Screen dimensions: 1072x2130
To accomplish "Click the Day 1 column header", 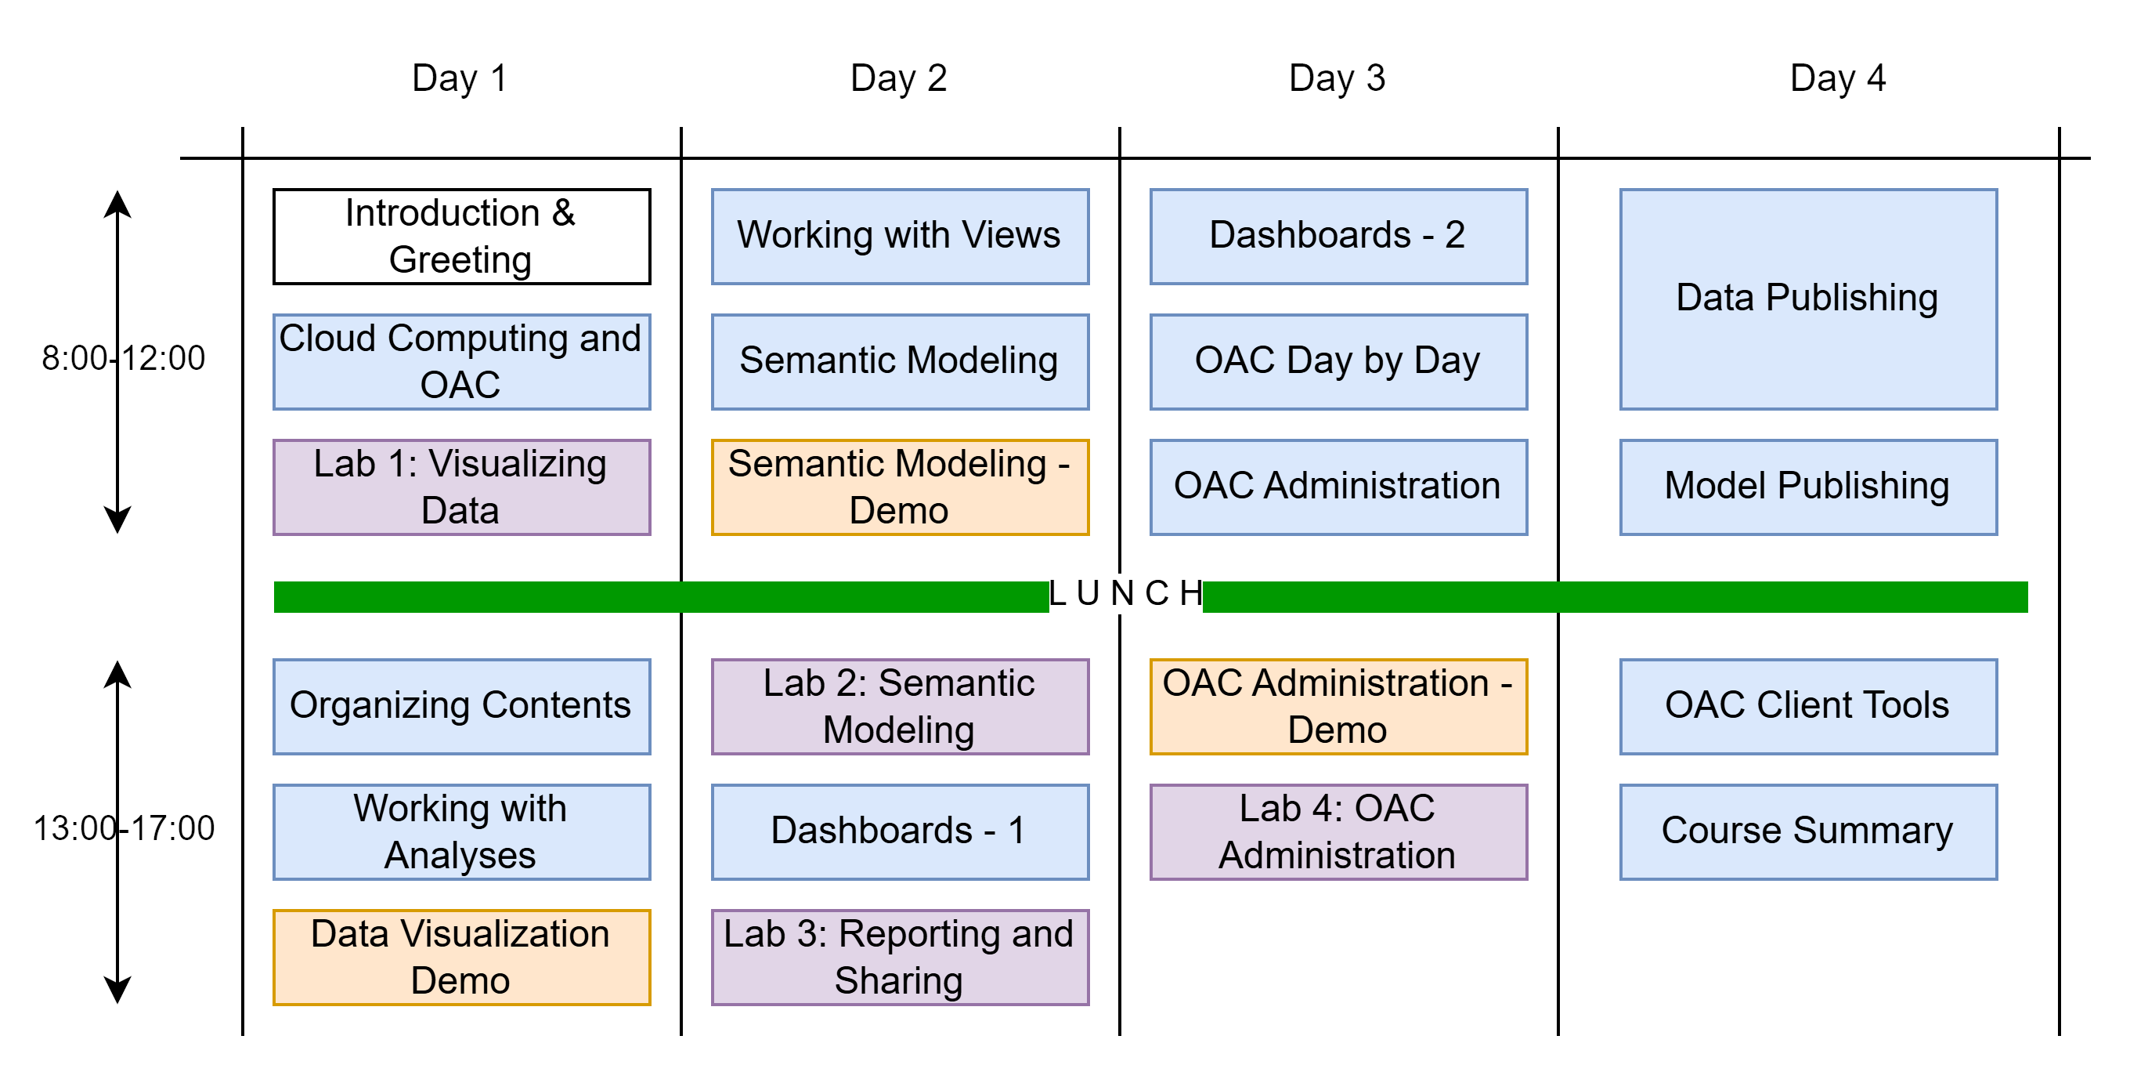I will click(460, 78).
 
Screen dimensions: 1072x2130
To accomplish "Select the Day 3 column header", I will click(1336, 78).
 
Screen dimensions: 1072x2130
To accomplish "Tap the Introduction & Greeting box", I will click(461, 237).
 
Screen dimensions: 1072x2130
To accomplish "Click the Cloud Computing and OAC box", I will click(461, 361).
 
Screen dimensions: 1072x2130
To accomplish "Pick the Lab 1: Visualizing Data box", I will click(461, 487).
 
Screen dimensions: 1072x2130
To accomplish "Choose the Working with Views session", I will click(900, 237).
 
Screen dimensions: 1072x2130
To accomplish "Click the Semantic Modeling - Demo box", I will click(900, 487).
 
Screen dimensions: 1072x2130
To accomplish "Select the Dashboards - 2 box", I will click(1338, 237).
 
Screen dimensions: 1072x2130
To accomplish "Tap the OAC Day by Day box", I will click(1338, 361).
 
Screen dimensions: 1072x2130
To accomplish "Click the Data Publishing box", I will click(1807, 299).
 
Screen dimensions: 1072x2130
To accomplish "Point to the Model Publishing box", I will click(1807, 487).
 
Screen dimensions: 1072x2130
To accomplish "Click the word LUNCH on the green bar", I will click(1125, 594).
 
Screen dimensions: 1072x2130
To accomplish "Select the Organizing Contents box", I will click(461, 706).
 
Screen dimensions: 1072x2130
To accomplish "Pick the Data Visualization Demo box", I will click(461, 957).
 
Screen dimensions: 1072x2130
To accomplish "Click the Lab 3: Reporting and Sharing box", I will click(900, 957).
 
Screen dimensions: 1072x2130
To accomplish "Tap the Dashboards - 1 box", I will click(900, 831).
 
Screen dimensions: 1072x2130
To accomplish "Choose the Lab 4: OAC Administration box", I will click(1338, 831).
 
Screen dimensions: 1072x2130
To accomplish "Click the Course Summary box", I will click(1807, 831).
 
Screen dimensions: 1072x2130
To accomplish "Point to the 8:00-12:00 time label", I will click(123, 359).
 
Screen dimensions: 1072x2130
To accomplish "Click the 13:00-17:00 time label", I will click(123, 829).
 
